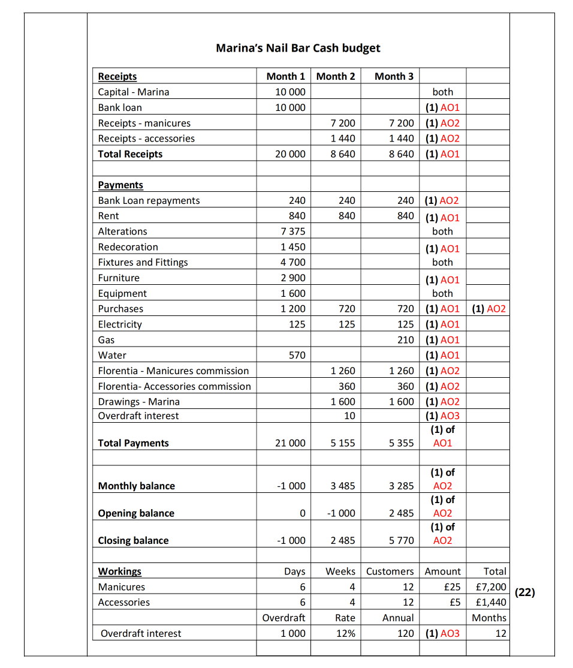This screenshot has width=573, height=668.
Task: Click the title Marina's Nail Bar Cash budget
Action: tap(298, 48)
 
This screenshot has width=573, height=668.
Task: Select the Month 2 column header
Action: tap(336, 76)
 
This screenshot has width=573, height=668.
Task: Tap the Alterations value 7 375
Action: tap(293, 231)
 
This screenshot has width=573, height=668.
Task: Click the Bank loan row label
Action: tap(120, 107)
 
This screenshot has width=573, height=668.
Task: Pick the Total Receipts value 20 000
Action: tap(289, 154)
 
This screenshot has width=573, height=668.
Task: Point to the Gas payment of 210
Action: tap(405, 340)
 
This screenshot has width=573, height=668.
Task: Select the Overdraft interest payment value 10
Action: tap(349, 416)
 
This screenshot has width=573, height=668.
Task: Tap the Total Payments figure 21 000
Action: tap(289, 443)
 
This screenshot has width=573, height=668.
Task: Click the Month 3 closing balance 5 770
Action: tap(401, 540)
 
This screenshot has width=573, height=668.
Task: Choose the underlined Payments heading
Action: tap(120, 185)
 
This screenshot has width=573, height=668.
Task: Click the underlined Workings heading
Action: tap(120, 571)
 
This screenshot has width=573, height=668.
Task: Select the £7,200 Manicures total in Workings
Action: tap(490, 587)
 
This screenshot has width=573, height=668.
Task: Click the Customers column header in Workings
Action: tap(390, 571)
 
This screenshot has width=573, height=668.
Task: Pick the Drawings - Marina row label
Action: tap(138, 402)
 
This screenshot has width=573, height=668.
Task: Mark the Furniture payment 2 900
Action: tap(293, 278)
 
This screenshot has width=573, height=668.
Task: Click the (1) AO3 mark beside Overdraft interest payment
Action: tap(442, 416)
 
